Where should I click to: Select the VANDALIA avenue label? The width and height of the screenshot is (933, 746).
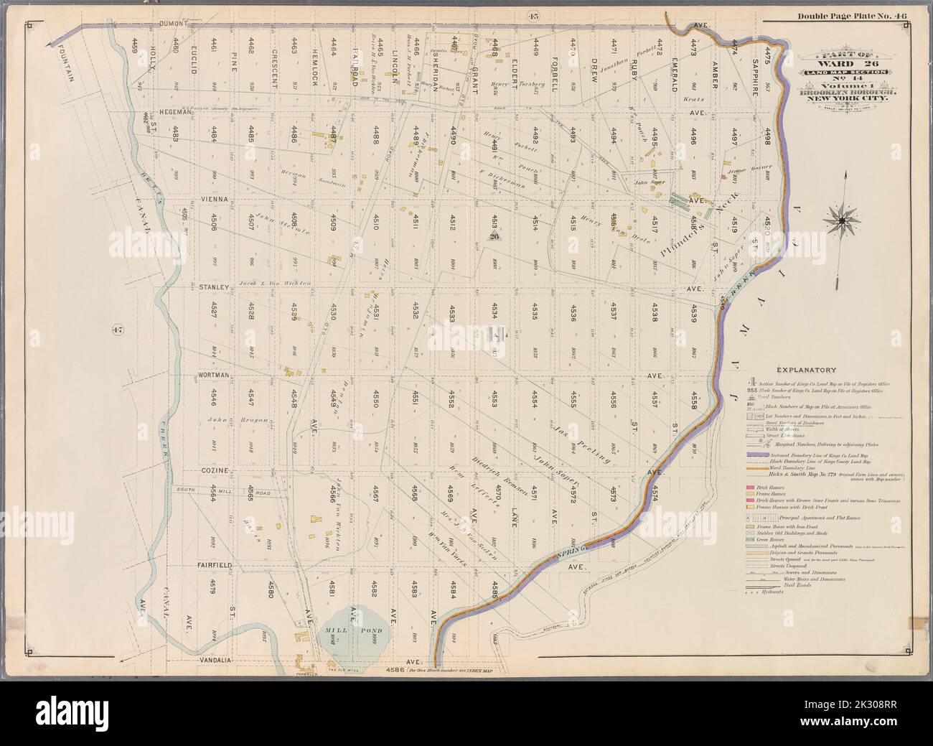coord(211,658)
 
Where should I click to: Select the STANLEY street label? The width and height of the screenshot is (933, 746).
coord(213,287)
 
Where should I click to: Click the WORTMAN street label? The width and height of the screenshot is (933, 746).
coord(212,375)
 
